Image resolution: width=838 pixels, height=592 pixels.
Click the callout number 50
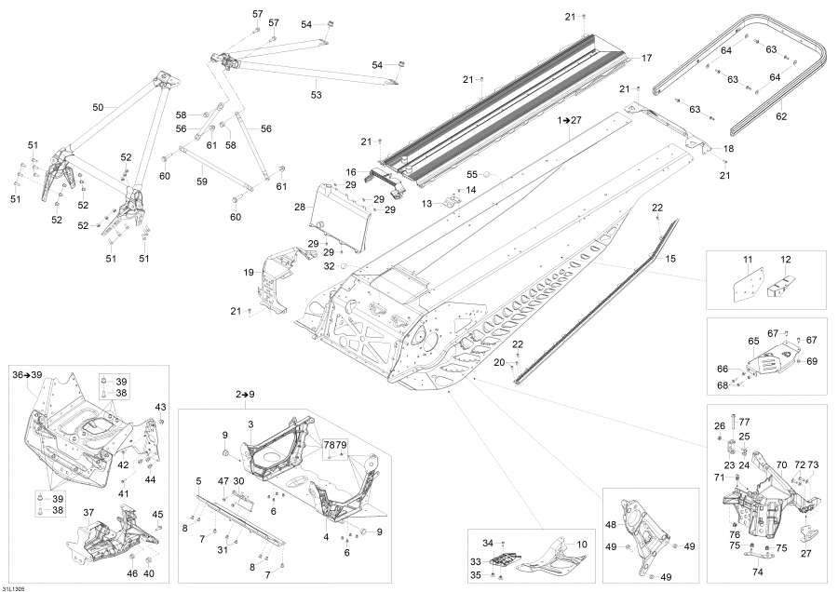coord(98,108)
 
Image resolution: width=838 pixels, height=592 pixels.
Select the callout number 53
coord(316,95)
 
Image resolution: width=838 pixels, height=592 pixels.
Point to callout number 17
coord(647,59)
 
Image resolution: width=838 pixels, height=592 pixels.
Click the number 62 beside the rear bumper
coord(781,117)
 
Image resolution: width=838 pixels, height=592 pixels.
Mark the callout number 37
coord(89,513)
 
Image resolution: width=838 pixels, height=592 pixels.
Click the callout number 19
coord(249,273)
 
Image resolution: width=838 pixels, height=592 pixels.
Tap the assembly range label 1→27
coord(569,121)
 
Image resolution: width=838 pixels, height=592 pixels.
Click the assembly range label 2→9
coord(246,396)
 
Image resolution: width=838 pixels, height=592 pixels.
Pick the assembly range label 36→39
coord(27,374)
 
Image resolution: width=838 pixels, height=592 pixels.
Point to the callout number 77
coord(744,422)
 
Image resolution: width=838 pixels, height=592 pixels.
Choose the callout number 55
coord(472,174)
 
